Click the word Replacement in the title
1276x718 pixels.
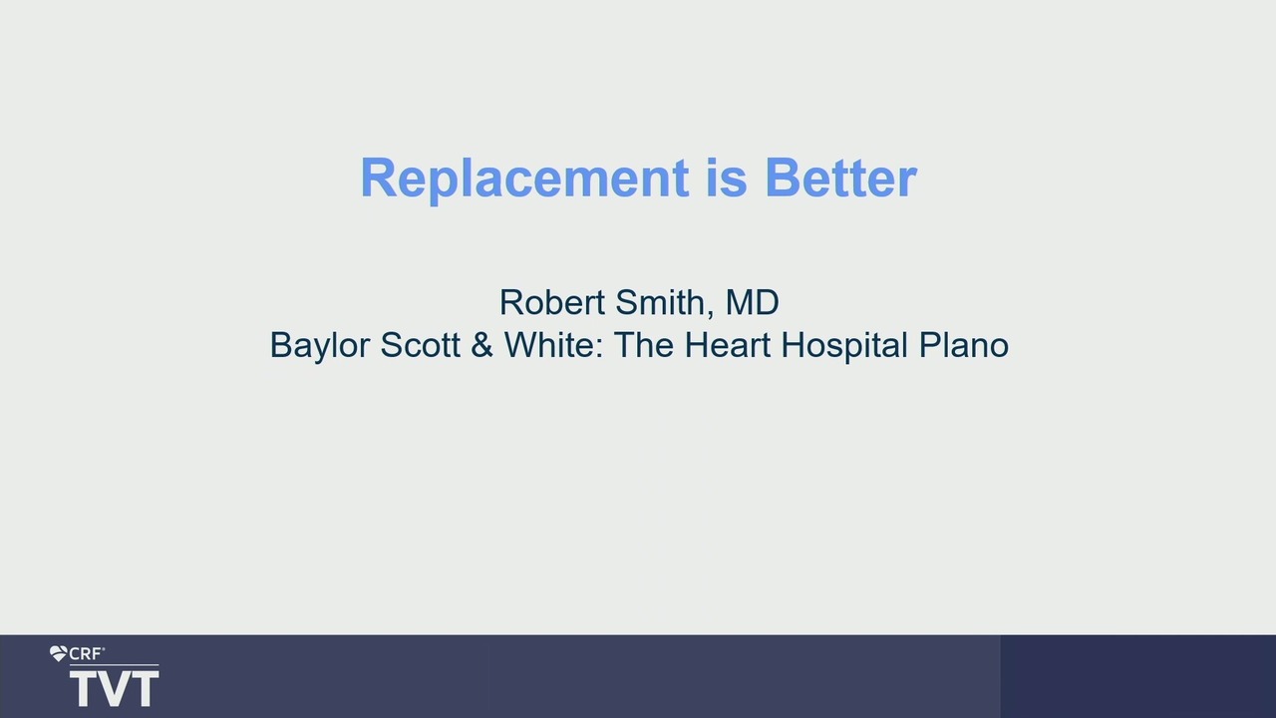coord(524,179)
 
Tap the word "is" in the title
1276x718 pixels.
coord(727,178)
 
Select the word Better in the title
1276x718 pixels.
coord(840,178)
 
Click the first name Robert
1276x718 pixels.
coord(552,302)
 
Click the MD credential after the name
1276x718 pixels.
coord(752,302)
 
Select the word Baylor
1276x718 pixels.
coord(320,345)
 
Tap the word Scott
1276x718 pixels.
coord(420,345)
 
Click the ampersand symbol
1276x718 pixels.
coord(481,345)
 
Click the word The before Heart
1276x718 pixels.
coord(644,345)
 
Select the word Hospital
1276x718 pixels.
coord(844,346)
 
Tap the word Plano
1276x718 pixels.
coord(963,345)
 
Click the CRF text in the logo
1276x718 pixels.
coord(87,653)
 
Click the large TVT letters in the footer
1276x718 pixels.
coord(114,689)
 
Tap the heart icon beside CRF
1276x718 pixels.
coord(58,653)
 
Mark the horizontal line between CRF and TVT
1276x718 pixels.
coord(114,665)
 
